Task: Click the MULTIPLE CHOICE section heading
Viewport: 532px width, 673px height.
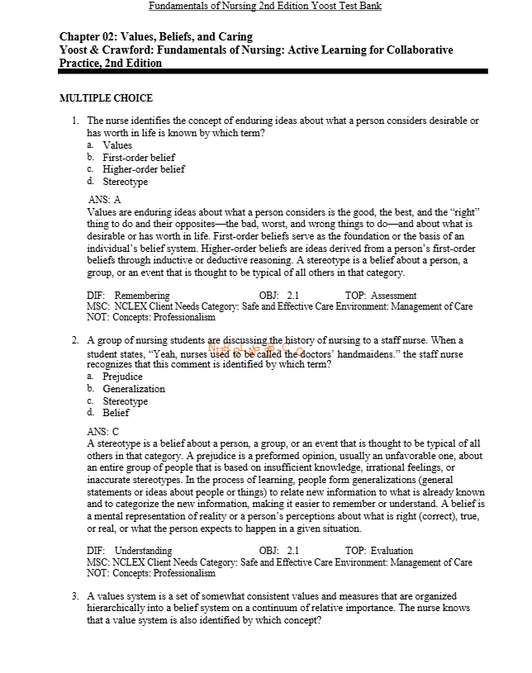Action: tap(106, 98)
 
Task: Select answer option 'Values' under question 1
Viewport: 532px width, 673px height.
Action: tap(117, 145)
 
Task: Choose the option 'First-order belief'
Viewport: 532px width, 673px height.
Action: tap(139, 158)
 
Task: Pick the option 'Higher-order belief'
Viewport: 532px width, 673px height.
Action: tap(143, 169)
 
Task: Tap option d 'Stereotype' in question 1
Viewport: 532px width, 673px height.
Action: tap(125, 182)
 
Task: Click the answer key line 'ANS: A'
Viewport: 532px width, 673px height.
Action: tap(104, 200)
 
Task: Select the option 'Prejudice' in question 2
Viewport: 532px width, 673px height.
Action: tap(122, 377)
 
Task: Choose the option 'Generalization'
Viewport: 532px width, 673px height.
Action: tap(134, 389)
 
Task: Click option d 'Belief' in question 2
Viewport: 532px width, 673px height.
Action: tap(116, 413)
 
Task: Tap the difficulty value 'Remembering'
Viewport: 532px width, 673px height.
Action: tap(142, 296)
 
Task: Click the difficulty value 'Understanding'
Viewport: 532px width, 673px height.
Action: tap(144, 551)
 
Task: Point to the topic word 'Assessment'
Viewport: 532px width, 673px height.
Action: tap(393, 296)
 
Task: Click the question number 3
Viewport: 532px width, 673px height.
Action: tap(75, 596)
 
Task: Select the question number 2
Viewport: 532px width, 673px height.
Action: tap(75, 340)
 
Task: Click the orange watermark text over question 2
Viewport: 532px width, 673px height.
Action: tap(257, 348)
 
